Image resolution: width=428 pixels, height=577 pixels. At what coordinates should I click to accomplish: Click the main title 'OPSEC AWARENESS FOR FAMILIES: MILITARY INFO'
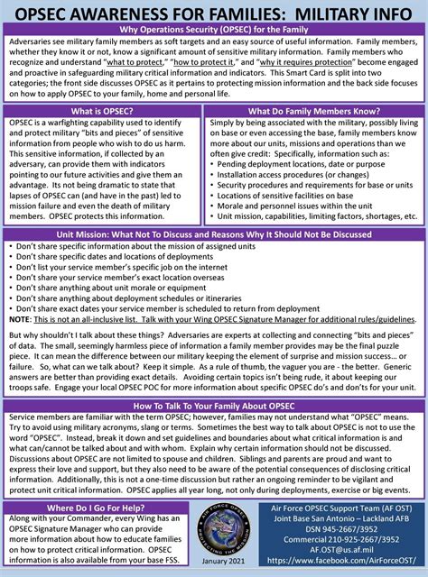(x=214, y=13)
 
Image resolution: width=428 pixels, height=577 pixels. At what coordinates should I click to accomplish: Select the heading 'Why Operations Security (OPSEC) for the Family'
(x=214, y=32)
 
